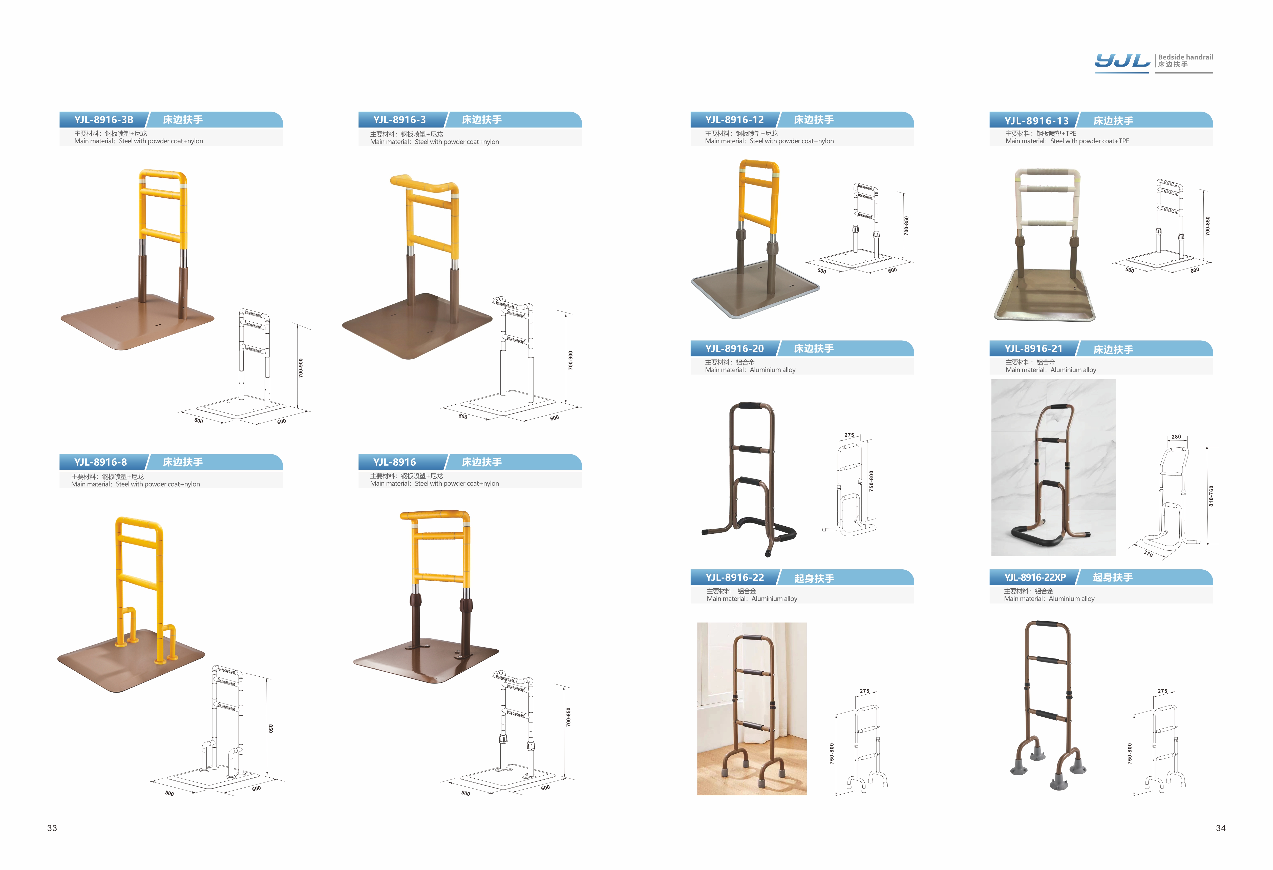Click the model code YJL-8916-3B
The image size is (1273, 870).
104,119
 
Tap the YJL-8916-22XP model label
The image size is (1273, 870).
1035,577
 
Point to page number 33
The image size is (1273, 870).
52,828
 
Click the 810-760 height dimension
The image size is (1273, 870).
1211,496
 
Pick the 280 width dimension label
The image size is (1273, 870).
1176,437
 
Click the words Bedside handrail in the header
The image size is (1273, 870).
1185,57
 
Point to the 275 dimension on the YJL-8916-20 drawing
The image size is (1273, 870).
849,435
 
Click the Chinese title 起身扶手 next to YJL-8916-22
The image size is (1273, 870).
814,578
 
